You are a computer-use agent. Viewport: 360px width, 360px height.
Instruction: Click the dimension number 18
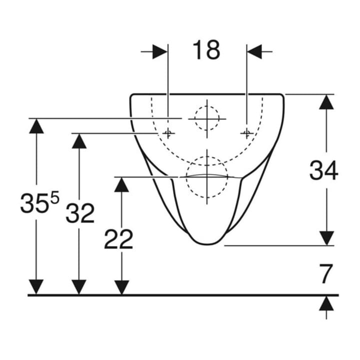click(x=206, y=50)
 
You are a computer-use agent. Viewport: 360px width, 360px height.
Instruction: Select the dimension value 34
click(x=323, y=170)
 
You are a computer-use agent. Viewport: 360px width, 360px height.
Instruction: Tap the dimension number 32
click(x=80, y=213)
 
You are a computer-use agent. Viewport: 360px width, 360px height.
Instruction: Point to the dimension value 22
click(x=118, y=239)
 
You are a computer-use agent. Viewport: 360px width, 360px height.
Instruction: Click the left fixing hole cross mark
click(x=168, y=133)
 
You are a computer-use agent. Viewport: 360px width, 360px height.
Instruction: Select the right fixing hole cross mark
click(x=247, y=133)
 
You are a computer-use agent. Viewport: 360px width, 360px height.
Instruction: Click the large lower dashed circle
click(x=186, y=177)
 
